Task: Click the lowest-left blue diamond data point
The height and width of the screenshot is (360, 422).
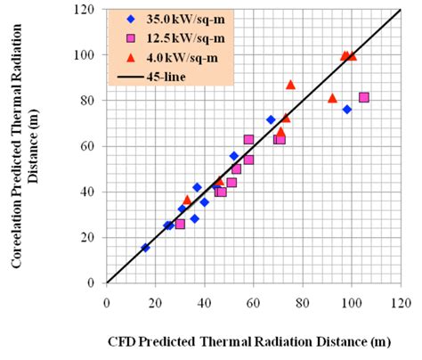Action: (145, 248)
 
